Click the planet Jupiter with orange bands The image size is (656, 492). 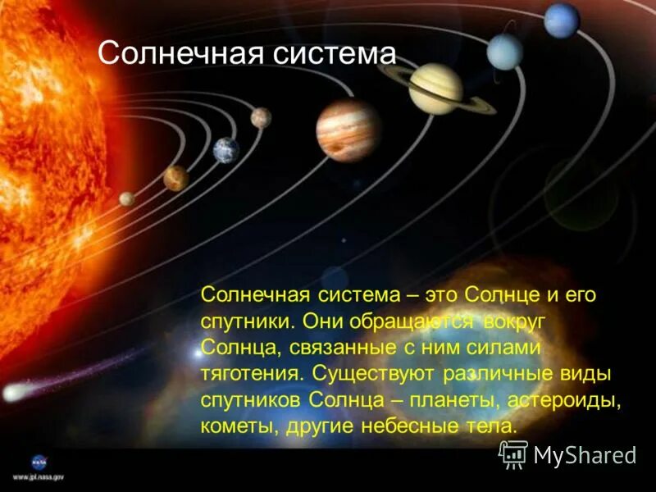348,130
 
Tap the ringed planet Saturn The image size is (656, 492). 436,89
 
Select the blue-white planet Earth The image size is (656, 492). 226,150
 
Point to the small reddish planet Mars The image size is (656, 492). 261,118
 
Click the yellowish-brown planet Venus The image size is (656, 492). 175,177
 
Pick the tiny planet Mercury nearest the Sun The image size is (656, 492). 127,198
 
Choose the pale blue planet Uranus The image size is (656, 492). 504,51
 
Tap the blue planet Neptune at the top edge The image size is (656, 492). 562,20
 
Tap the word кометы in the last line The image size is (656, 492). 233,426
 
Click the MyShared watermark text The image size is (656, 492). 585,455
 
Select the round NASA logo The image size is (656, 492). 39,461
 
